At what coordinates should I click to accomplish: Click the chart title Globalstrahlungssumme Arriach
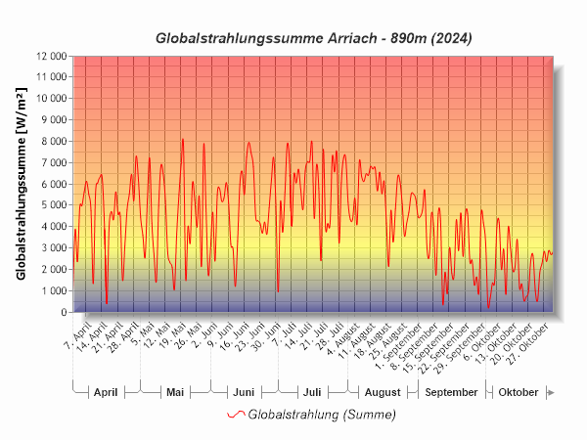[314, 38]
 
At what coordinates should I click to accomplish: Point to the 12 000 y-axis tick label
[50, 56]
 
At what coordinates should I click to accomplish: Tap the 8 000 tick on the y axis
[54, 141]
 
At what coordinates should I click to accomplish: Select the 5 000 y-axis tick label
[54, 205]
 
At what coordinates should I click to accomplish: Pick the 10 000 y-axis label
[50, 99]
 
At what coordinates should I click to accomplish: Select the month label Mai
[175, 392]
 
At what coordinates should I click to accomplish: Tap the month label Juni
[244, 392]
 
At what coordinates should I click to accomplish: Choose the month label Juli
[312, 392]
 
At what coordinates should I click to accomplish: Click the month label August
[383, 392]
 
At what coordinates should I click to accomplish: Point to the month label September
[452, 392]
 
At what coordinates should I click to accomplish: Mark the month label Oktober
[519, 392]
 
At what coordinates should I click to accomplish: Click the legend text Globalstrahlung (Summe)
[322, 415]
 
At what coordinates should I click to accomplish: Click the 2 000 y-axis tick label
[54, 269]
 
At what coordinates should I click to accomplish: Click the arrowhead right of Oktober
[551, 392]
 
